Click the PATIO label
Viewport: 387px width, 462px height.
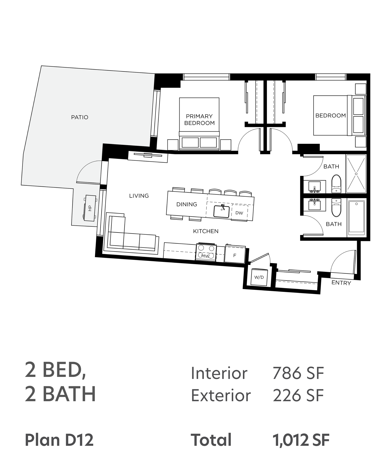80,117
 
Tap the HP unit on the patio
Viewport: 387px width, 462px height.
90,208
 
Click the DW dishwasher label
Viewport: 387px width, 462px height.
239,213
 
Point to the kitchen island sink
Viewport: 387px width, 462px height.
221,211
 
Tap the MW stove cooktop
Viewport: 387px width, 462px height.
206,252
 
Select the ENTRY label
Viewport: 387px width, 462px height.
341,283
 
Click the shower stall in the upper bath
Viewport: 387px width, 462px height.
356,174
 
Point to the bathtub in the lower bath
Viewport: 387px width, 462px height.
356,217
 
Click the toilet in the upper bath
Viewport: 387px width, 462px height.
336,184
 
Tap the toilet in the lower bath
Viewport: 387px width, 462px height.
336,207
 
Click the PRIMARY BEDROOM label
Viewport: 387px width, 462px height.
200,120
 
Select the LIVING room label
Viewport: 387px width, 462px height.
139,196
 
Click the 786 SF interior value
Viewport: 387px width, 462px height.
298,373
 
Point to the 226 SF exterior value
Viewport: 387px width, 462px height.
298,395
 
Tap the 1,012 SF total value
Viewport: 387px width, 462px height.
301,440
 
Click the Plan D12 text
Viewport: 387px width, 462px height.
59,440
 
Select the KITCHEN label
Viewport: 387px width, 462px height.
206,231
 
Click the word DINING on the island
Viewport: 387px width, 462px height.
187,204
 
